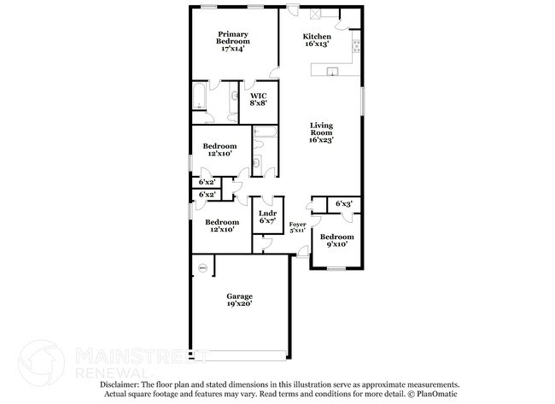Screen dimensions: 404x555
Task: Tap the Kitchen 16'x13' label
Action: (x=317, y=40)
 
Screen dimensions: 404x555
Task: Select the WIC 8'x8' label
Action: (x=258, y=99)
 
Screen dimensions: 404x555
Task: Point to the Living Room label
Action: (x=320, y=132)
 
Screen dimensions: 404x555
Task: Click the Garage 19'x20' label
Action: (x=239, y=300)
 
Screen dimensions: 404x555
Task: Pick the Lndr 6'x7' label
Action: (x=266, y=217)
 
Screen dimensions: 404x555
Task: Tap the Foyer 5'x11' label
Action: (x=297, y=227)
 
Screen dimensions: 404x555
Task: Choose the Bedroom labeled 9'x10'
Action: (x=337, y=241)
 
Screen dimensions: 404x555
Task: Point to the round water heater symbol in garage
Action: (x=202, y=268)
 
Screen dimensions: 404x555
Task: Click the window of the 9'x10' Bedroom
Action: (x=336, y=269)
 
